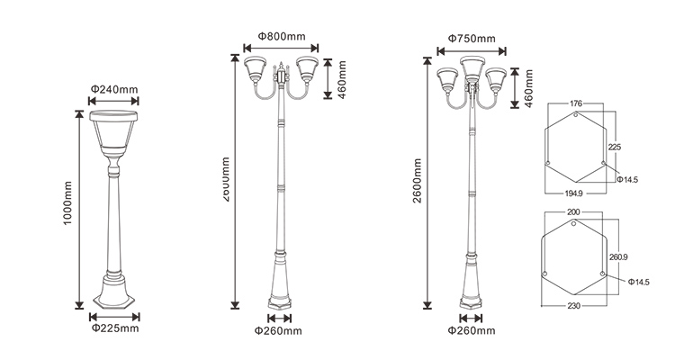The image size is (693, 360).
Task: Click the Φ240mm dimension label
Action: [x=114, y=89]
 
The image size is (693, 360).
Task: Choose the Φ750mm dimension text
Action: [x=472, y=39]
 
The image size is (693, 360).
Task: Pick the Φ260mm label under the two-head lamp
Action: [x=279, y=330]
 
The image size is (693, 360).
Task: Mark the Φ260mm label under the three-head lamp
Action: [x=472, y=330]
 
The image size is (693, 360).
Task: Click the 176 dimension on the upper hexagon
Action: [x=576, y=103]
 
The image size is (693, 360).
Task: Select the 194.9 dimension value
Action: [x=574, y=193]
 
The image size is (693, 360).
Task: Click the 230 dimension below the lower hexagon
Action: [x=574, y=306]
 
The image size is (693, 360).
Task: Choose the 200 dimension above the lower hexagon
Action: [x=574, y=211]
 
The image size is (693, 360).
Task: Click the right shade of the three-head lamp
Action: [x=496, y=79]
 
